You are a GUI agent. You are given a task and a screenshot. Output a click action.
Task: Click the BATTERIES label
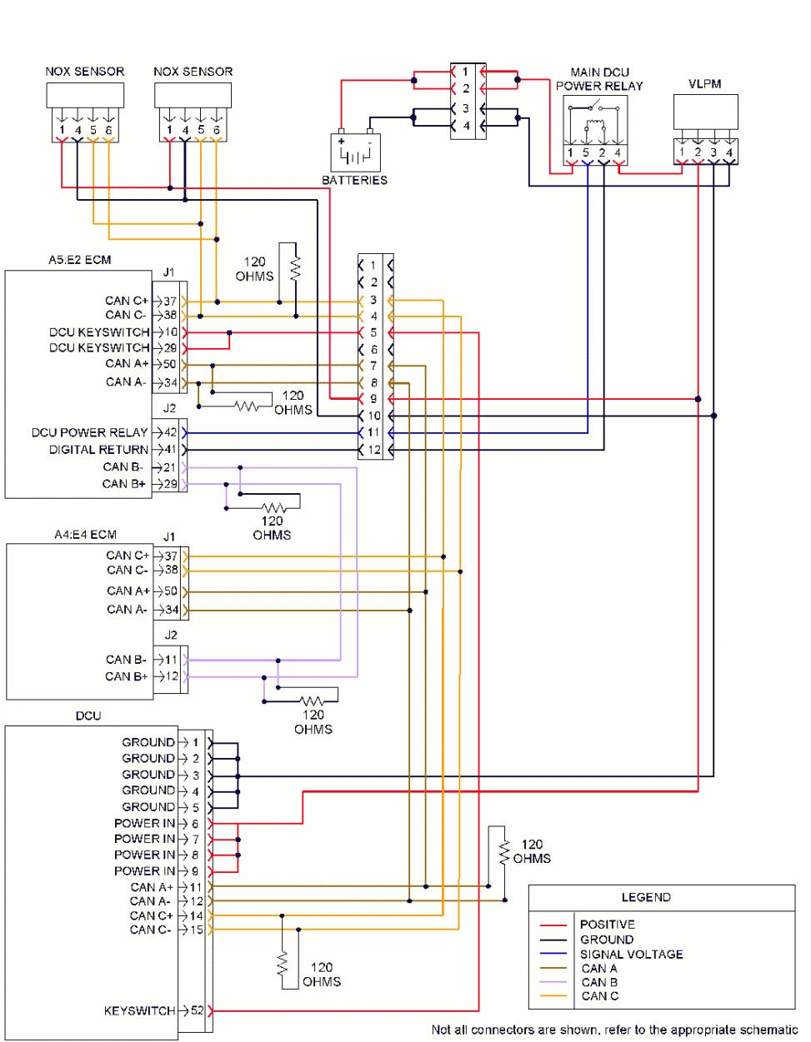pos(354,180)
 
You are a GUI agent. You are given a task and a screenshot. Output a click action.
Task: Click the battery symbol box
pos(356,153)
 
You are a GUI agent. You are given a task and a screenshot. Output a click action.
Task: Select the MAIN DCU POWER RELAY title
pos(599,79)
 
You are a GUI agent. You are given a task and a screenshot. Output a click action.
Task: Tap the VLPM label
pos(704,84)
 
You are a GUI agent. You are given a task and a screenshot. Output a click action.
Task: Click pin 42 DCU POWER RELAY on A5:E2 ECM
pos(170,432)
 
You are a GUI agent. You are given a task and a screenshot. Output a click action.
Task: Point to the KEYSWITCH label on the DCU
pos(139,1010)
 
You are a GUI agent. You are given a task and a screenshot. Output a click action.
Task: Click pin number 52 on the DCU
pos(197,1010)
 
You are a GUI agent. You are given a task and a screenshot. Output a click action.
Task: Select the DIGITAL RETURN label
pos(98,449)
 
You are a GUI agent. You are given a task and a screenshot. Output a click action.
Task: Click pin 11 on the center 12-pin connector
pos(373,432)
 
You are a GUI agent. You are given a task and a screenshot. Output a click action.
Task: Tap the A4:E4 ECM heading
pos(85,535)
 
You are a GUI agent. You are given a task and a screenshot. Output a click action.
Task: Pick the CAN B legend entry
pos(599,982)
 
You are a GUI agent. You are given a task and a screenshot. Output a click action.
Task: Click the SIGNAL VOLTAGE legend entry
pos(631,954)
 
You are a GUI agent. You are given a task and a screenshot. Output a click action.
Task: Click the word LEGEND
pos(646,897)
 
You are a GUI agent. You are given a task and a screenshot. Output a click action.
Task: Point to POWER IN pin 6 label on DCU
pos(144,823)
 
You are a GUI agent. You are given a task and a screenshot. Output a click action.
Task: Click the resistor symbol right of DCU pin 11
pos(503,851)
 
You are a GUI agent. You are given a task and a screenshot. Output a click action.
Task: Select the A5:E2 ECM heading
pos(79,260)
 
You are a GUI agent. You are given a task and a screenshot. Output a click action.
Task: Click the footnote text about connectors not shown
pos(614,1030)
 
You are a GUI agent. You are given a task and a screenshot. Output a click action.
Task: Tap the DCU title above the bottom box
pos(88,715)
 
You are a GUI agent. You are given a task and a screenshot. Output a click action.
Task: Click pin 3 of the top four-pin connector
pos(465,108)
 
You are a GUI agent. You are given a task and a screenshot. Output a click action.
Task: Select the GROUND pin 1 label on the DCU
pos(148,742)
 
